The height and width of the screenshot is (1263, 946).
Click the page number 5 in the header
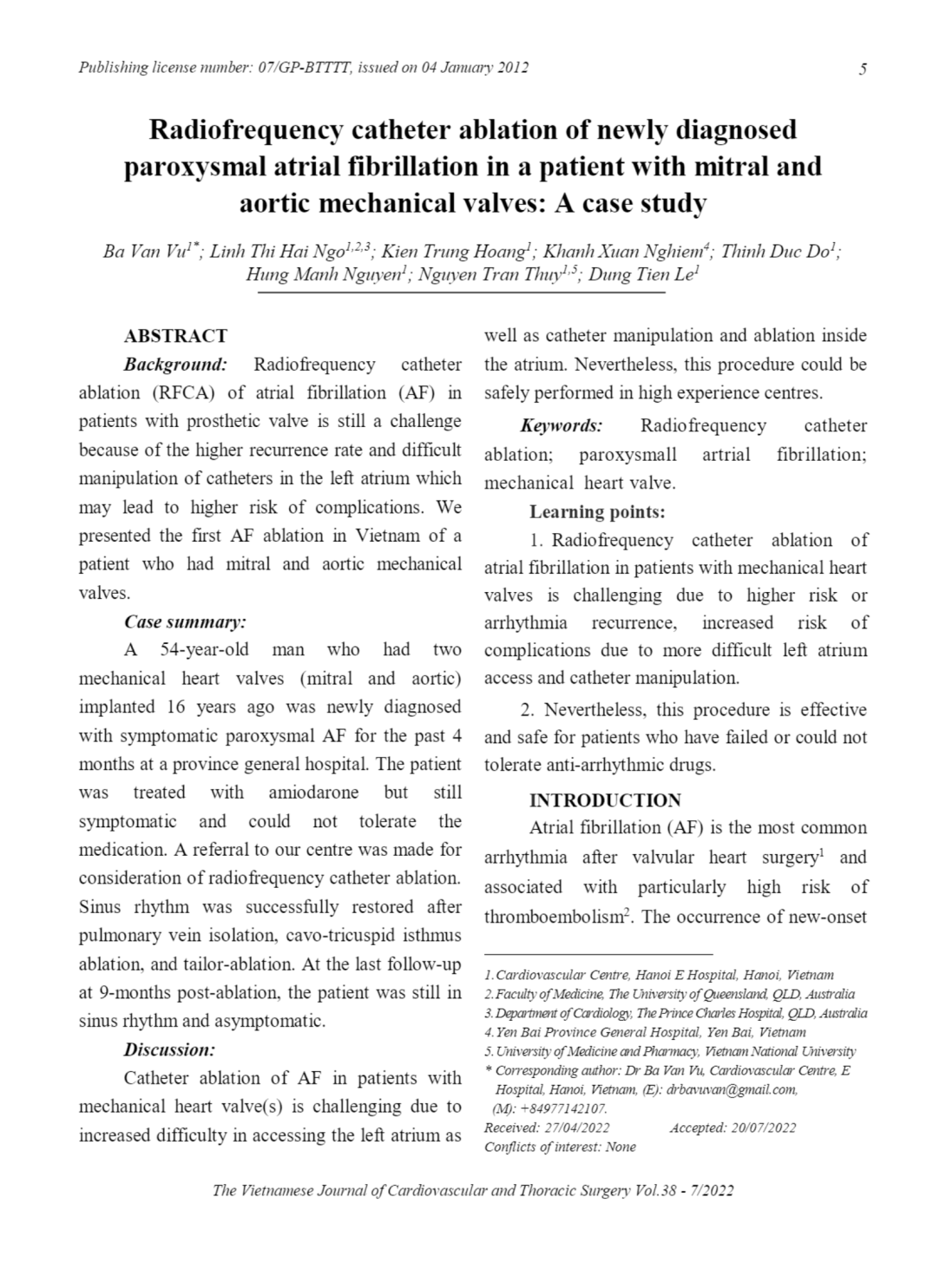click(862, 69)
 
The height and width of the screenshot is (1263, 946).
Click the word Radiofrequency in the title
click(245, 130)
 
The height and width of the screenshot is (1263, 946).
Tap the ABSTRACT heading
click(175, 336)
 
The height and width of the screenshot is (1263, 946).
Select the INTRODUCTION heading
click(605, 800)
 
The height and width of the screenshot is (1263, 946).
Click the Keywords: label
click(561, 426)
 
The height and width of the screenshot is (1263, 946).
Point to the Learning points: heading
click(597, 512)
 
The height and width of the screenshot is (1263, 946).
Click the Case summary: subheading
click(185, 622)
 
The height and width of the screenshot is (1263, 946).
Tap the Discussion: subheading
click(168, 1049)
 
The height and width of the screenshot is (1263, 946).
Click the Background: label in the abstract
click(175, 365)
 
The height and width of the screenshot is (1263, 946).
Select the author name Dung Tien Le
click(643, 276)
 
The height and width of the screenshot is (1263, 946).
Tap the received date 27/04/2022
click(576, 1128)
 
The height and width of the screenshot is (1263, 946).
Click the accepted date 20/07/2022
click(763, 1128)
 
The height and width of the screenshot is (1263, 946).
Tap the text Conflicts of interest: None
click(560, 1147)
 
